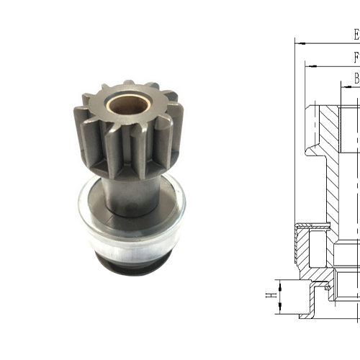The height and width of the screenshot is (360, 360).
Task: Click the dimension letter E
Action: point(355,34)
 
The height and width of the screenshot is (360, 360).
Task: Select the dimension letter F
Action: point(356,57)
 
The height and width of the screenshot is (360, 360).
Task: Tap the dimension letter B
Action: point(356,78)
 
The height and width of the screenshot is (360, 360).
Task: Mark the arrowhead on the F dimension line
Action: point(309,65)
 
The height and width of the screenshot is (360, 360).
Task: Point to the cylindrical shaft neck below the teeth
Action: point(133,191)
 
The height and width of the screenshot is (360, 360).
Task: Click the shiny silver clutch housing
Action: point(130,230)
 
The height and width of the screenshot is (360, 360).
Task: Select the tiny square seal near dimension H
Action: point(328,287)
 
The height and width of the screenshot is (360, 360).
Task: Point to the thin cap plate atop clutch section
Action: point(317,227)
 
